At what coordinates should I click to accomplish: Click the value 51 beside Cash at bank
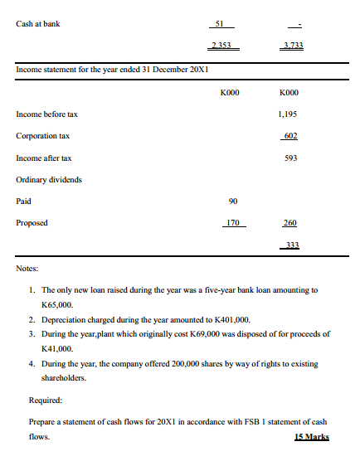219,24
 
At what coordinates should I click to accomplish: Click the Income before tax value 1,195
289,114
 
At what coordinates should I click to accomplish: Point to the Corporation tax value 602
290,135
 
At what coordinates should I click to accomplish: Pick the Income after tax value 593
290,158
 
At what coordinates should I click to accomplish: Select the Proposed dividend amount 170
234,223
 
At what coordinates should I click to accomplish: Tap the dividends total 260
290,223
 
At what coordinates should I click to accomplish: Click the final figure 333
290,245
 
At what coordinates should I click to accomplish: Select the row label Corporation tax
43,135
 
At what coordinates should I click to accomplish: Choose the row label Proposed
32,223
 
